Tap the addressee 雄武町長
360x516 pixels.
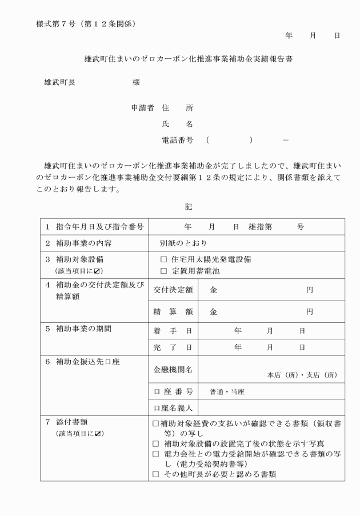click(x=59, y=82)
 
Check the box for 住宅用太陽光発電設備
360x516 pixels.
click(x=164, y=259)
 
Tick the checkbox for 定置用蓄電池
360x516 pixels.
click(x=164, y=271)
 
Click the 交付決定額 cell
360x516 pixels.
click(x=173, y=290)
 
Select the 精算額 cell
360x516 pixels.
click(x=173, y=312)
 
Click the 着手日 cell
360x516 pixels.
click(x=173, y=331)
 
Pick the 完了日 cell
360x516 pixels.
click(x=173, y=347)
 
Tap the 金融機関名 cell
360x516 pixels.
click(x=173, y=370)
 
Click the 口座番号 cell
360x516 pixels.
click(x=173, y=391)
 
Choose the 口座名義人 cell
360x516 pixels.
click(x=173, y=408)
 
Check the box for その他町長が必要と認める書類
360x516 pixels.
click(x=156, y=474)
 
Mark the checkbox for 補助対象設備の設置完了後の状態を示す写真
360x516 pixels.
click(x=156, y=443)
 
